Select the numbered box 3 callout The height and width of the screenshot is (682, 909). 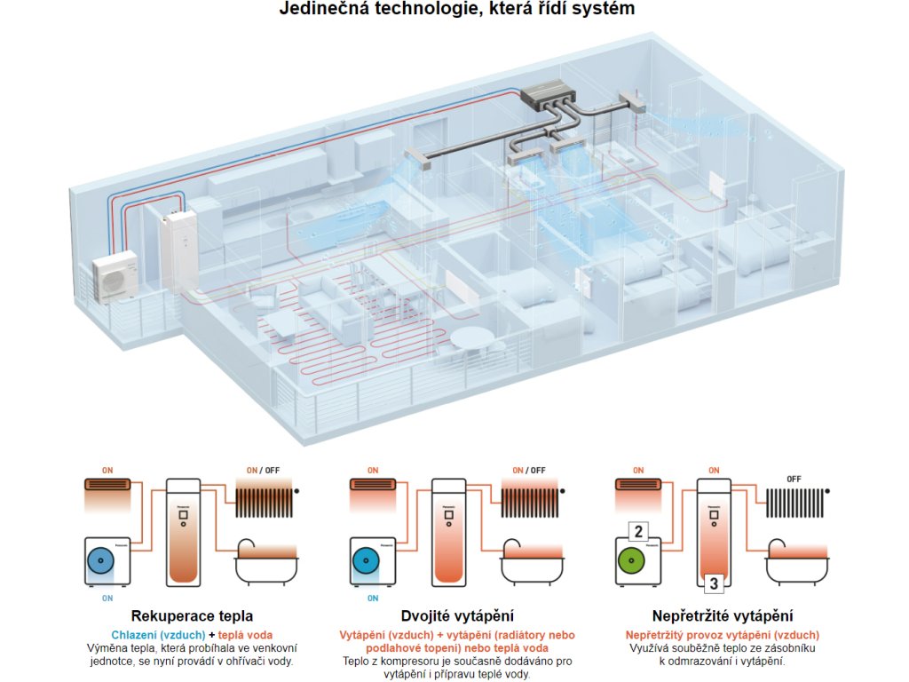coord(712,583)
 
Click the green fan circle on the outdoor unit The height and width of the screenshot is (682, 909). coord(631,562)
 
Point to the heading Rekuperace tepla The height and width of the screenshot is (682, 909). coord(192,615)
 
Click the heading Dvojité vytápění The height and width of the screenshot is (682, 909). coord(458,615)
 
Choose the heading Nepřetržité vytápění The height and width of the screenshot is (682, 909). coord(722,615)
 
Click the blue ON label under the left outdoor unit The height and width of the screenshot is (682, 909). coord(107,598)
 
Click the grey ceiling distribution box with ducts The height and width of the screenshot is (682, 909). coord(547,93)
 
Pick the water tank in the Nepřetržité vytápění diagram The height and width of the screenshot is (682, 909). coord(712,527)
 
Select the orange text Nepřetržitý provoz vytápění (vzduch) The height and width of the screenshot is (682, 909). coord(722,635)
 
